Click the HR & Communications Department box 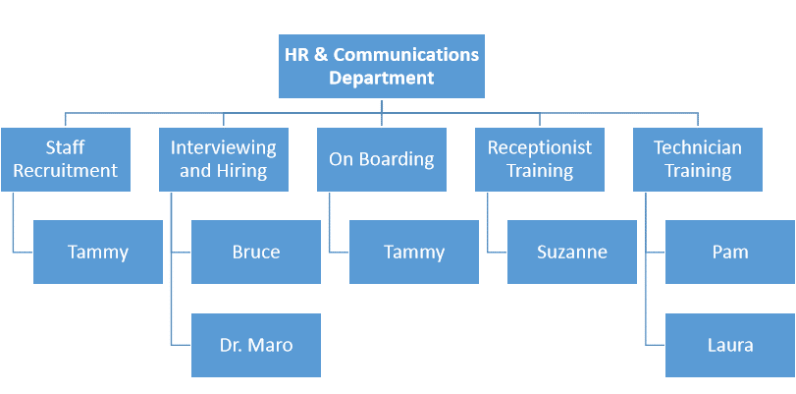[381, 66]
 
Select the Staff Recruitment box [66, 159]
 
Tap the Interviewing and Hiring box [224, 159]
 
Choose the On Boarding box [381, 159]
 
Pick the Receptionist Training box [540, 159]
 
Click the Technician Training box [698, 159]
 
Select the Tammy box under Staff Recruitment [98, 252]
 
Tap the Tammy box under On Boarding [414, 252]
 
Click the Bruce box [256, 252]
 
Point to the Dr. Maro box [256, 345]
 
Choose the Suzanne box [572, 252]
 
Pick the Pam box [730, 252]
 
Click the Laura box [730, 345]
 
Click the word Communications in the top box [406, 55]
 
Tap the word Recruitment [66, 171]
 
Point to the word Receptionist [540, 148]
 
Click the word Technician [698, 148]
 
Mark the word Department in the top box [381, 79]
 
